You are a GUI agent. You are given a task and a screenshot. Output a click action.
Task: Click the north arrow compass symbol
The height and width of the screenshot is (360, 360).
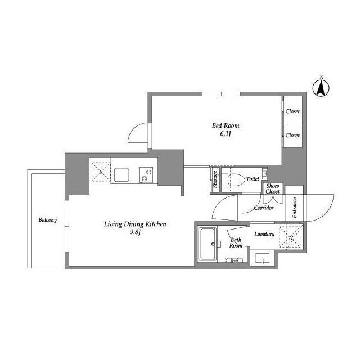click(x=321, y=88)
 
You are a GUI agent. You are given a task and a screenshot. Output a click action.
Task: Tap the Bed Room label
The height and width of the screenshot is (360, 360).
click(x=226, y=125)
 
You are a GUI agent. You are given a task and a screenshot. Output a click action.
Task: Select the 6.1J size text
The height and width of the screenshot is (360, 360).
click(x=226, y=133)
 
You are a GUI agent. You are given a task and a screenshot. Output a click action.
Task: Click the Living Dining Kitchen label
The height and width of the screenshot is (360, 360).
click(x=135, y=224)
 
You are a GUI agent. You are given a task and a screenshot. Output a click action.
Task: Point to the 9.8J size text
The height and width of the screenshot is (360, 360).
click(x=135, y=232)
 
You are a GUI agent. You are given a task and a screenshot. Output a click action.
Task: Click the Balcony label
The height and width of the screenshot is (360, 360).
click(x=47, y=220)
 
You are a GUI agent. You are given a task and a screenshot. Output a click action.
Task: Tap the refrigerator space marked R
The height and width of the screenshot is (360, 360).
click(x=101, y=172)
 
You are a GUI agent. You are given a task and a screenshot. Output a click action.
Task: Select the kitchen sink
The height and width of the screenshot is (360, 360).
click(x=121, y=175)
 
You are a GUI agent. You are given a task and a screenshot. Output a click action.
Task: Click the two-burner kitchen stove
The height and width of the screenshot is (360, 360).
click(x=146, y=175)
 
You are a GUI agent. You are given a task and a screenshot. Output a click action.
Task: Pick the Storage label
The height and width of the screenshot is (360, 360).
click(x=215, y=179)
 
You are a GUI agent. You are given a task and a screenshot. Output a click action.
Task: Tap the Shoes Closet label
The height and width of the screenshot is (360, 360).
click(x=272, y=188)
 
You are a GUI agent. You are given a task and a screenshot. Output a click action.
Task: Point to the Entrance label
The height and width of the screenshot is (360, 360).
click(x=295, y=208)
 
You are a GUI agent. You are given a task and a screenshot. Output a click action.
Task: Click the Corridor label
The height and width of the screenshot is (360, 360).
click(x=264, y=208)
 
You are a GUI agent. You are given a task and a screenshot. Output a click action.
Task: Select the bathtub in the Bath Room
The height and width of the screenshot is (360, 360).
click(x=208, y=244)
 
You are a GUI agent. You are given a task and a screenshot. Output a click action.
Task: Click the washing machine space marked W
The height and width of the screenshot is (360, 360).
click(x=291, y=237)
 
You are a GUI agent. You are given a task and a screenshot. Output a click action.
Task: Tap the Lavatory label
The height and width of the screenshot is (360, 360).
click(x=264, y=234)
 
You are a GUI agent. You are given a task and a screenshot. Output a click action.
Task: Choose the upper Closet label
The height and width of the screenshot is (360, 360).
click(x=292, y=111)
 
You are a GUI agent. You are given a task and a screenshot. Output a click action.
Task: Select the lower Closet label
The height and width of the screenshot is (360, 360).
click(x=292, y=135)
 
